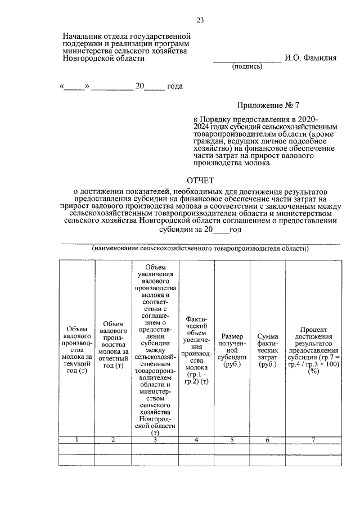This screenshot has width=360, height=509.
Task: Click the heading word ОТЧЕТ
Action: [201, 181]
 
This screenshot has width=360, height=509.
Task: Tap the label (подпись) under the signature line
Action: [247, 66]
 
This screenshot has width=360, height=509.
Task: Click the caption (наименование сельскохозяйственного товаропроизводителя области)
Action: [200, 249]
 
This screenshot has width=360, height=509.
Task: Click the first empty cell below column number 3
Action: [155, 448]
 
